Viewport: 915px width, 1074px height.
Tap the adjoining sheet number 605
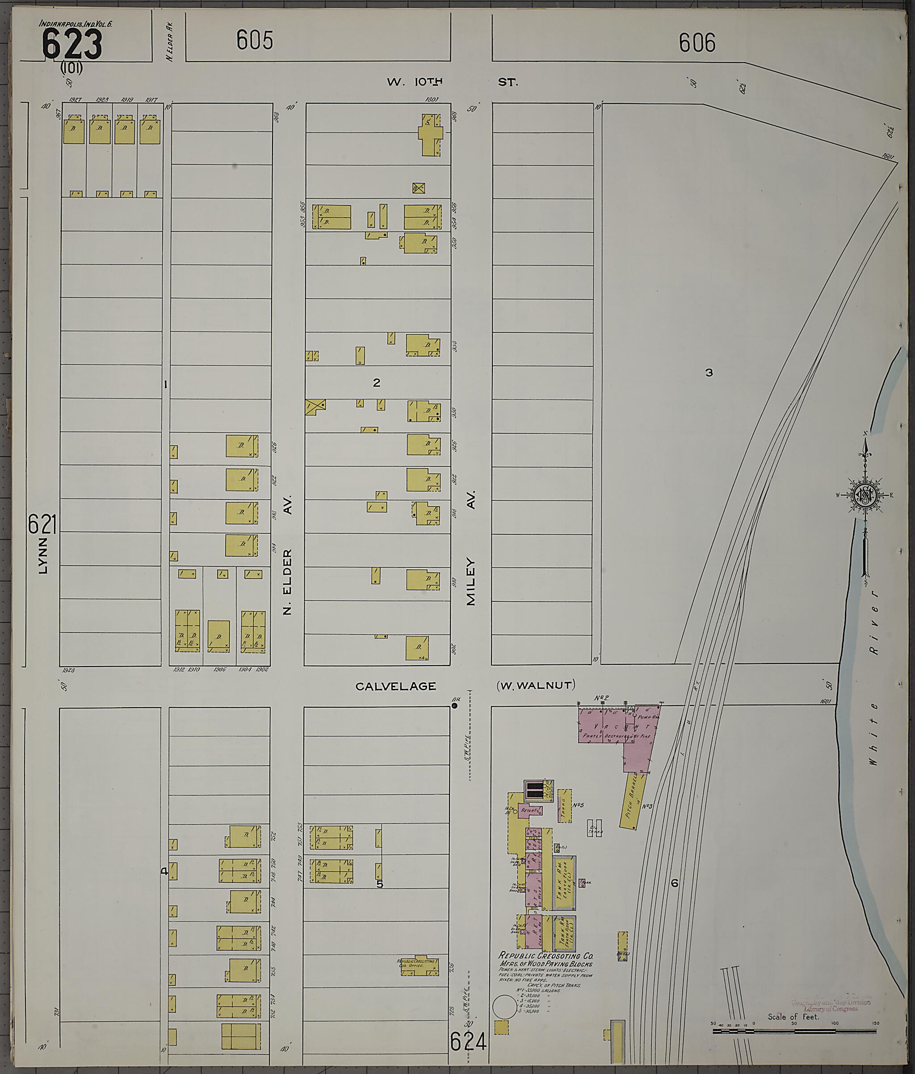click(x=255, y=40)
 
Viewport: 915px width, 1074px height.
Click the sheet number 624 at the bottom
click(x=469, y=1054)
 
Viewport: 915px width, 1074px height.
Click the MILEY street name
click(x=471, y=581)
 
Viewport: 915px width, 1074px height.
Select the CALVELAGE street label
click(x=395, y=686)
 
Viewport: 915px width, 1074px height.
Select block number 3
click(x=709, y=372)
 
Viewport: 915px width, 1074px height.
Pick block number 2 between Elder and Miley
click(x=376, y=382)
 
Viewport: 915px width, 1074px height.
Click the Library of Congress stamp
click(x=831, y=1005)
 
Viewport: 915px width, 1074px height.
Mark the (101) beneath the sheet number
click(x=71, y=67)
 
